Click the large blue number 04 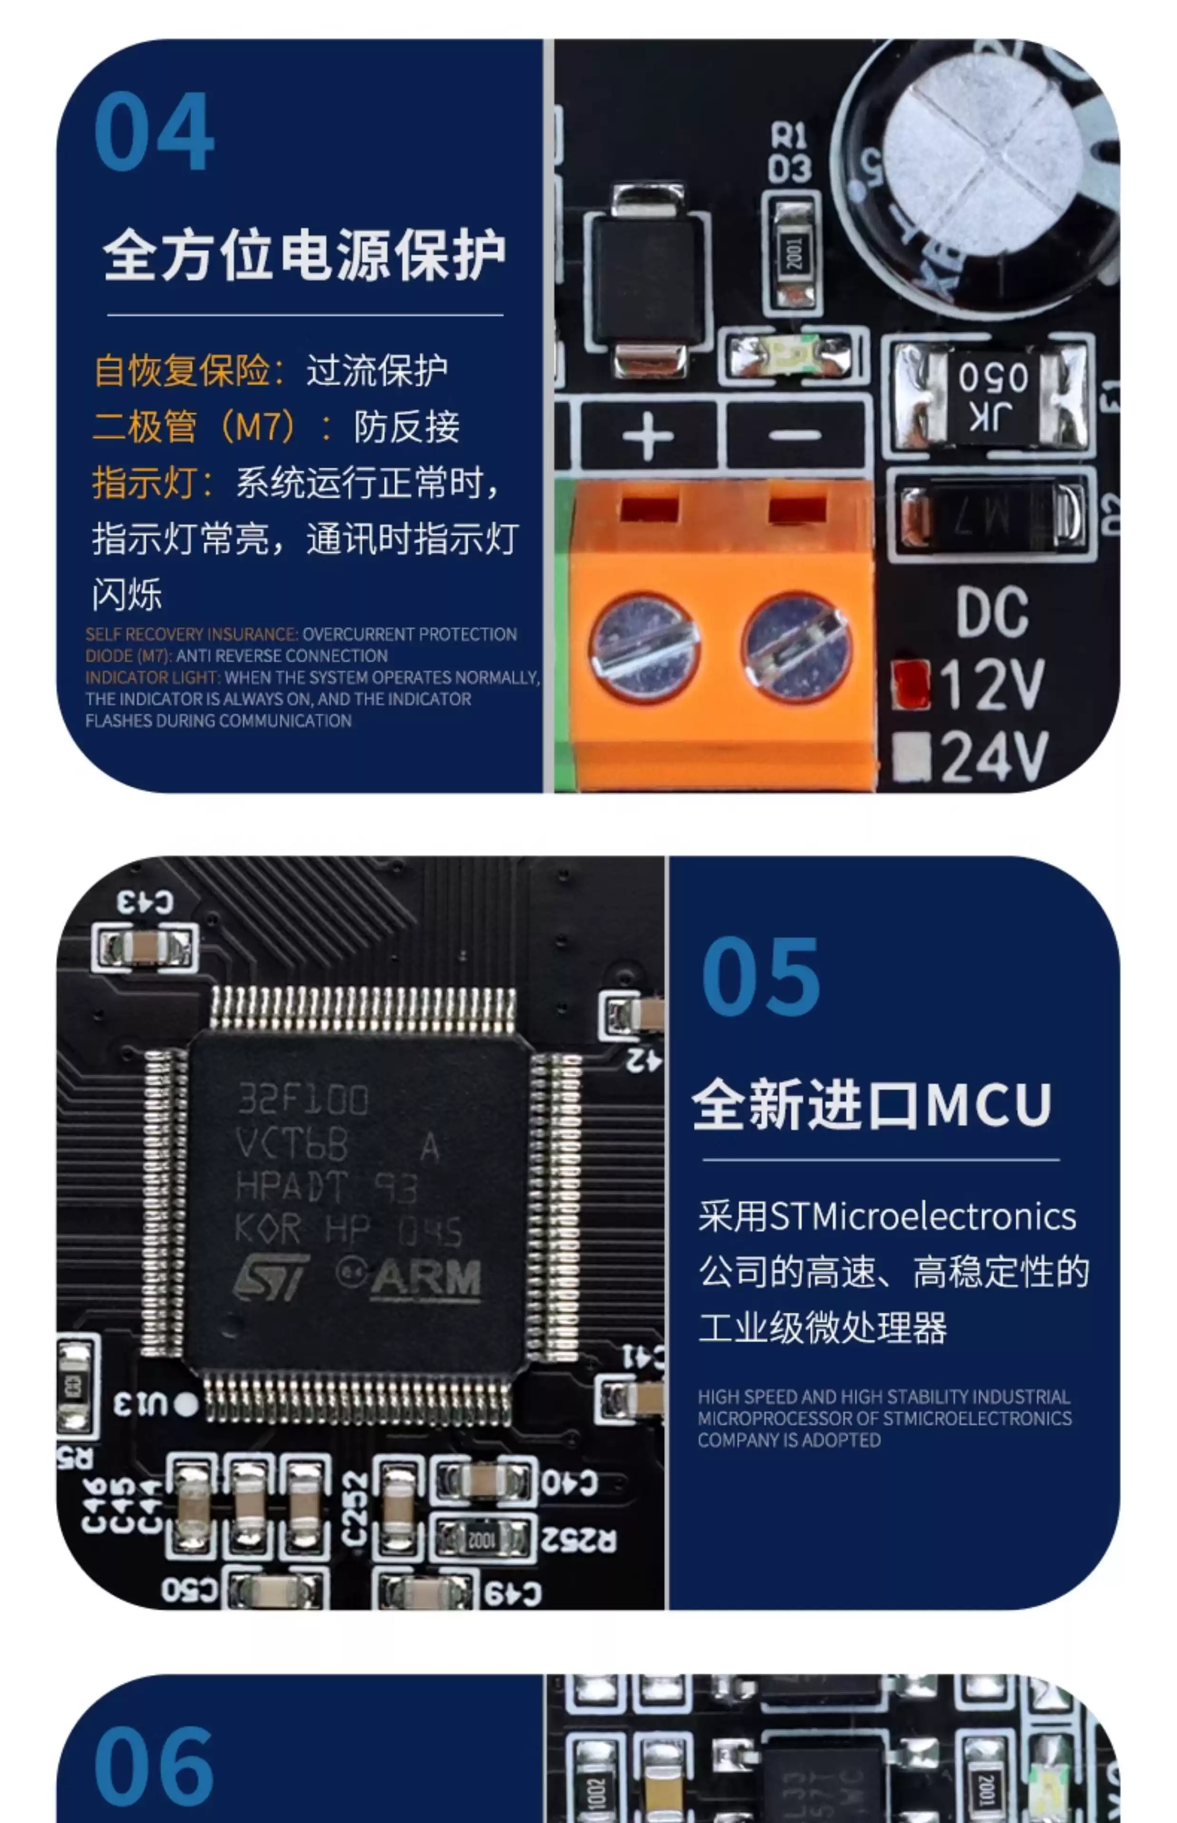(x=154, y=132)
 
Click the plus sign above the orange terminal (x=647, y=436)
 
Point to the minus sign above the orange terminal (x=795, y=436)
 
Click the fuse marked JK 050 (x=992, y=395)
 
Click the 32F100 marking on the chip (x=303, y=1100)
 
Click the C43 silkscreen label (x=145, y=902)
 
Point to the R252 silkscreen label (x=578, y=1540)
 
